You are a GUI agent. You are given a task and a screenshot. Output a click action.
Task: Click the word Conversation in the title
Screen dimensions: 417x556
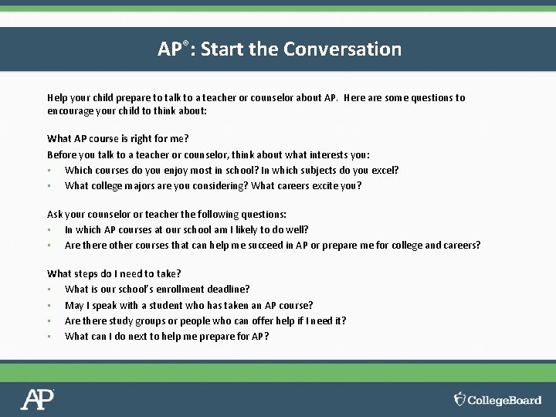tap(342, 49)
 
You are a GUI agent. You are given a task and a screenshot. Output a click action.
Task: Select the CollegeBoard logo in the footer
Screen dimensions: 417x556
tap(497, 399)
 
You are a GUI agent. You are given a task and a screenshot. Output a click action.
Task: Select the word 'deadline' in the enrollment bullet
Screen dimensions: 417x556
tap(228, 289)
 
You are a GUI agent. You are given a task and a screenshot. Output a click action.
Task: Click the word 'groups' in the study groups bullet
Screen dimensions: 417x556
tap(148, 320)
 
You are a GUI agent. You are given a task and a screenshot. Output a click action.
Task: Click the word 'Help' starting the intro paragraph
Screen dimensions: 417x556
tap(57, 98)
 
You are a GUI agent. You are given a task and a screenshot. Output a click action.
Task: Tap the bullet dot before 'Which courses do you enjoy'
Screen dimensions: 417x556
tap(49, 170)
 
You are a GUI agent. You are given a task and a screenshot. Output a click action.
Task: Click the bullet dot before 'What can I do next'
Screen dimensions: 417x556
tap(49, 336)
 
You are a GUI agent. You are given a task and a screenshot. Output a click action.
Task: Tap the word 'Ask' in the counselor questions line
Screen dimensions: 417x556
tap(55, 214)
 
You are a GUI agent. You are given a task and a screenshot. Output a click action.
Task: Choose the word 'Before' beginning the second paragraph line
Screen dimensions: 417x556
tap(61, 154)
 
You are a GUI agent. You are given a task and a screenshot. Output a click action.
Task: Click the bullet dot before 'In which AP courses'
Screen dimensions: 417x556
tap(49, 229)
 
